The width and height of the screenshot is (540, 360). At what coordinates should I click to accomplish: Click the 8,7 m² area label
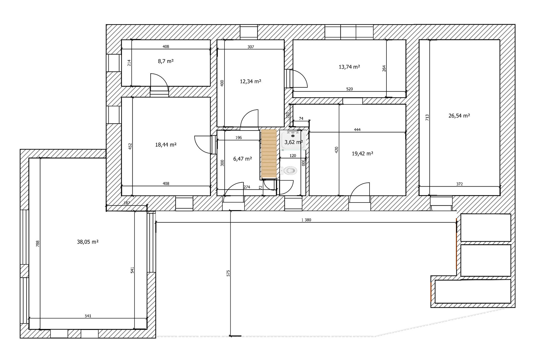pos(166,61)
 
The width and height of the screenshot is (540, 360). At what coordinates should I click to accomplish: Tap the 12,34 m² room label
pos(250,82)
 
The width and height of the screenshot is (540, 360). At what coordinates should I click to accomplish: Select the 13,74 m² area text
pos(349,67)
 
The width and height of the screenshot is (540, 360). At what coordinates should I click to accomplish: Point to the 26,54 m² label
pos(459,116)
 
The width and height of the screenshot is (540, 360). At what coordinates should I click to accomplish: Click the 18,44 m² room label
pos(166,145)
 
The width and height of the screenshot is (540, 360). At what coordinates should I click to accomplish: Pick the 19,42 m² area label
pos(363,154)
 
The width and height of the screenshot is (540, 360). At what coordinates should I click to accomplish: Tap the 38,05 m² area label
pos(88,242)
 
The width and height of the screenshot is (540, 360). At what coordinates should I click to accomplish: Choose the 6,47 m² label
pos(242,159)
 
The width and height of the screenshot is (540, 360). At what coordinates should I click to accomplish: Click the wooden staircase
pos(269,154)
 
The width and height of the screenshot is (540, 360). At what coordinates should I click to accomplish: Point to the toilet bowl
pos(290,170)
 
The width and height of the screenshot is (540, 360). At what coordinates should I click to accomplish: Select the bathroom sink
pos(293,139)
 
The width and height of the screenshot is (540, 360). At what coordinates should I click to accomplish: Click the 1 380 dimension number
pos(306,220)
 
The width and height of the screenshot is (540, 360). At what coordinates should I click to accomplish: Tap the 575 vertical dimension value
pos(228,273)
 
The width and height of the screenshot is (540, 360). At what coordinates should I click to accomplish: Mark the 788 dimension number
pos(38,244)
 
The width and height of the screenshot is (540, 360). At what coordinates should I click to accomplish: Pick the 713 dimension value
pos(427,118)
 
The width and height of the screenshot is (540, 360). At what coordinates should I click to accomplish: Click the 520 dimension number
pos(349,89)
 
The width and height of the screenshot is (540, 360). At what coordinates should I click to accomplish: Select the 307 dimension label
pos(251,47)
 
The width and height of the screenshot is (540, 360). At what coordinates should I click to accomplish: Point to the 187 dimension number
pos(127,203)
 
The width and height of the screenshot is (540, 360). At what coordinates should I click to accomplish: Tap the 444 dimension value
pos(357,130)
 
